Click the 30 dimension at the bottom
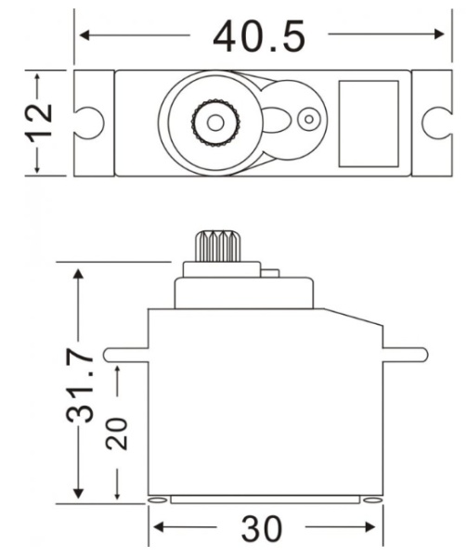(263, 529)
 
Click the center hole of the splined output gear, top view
(215, 121)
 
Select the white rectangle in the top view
(369, 121)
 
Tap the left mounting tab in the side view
(125, 353)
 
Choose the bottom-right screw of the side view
(372, 500)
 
